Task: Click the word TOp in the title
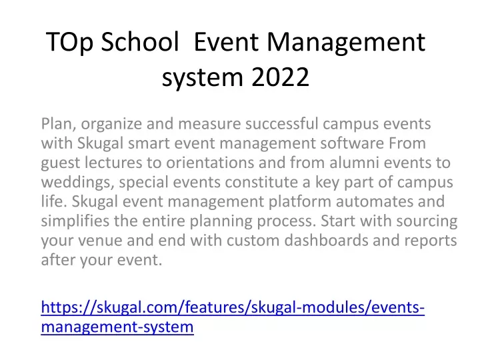tap(69, 43)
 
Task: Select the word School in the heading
tap(140, 41)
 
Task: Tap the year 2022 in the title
tap(280, 77)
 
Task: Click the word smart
tap(149, 143)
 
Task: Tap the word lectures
tap(113, 163)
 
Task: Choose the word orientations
tap(210, 163)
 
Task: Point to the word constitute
tap(261, 182)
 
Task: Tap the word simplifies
tap(75, 221)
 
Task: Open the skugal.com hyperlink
tap(233, 317)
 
